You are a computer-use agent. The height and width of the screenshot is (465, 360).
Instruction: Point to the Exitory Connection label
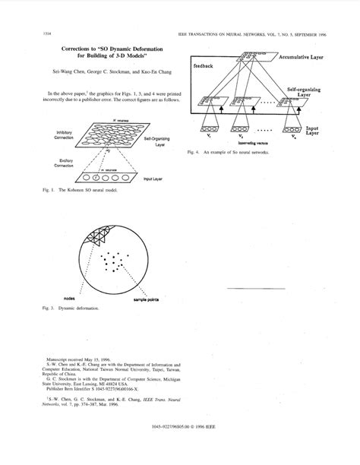point(63,163)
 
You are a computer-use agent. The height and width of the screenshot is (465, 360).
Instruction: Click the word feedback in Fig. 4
point(204,68)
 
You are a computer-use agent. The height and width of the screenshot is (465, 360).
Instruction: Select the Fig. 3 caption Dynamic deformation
point(72,310)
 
